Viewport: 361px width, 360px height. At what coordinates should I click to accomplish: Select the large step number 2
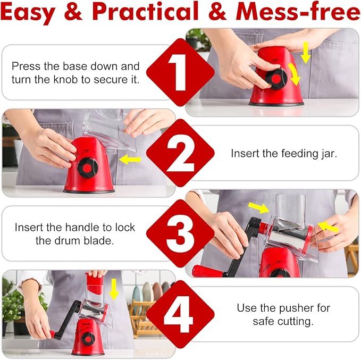[180, 153]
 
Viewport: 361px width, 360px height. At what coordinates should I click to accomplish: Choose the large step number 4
[180, 314]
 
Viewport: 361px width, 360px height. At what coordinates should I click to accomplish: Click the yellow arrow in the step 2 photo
[130, 158]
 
